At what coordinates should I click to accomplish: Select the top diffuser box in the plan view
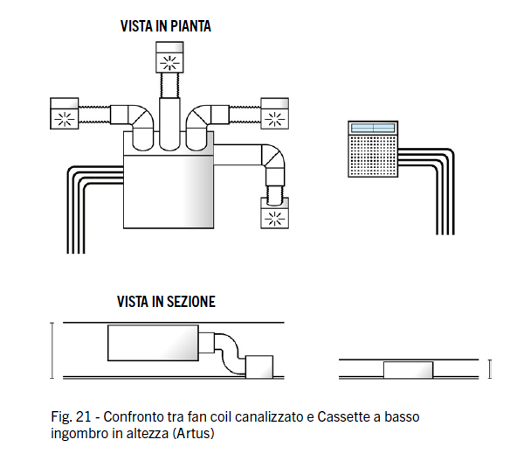click(169, 57)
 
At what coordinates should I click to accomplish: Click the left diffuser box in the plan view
click(65, 114)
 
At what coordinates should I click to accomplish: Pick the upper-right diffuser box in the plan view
click(274, 114)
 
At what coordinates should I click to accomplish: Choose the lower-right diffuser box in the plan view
click(274, 213)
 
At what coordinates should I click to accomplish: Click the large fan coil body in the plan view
click(169, 192)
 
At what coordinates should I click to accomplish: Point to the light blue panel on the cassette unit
click(373, 128)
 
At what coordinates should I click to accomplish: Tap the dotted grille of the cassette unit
click(373, 156)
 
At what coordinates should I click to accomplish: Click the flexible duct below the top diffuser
click(169, 85)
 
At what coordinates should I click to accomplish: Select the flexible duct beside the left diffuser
click(94, 115)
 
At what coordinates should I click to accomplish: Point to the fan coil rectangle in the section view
click(153, 343)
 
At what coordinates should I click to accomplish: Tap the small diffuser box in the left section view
click(259, 367)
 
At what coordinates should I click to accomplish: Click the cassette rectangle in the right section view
click(408, 370)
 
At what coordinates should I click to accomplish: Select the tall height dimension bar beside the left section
click(52, 351)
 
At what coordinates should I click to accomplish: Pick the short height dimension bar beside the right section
click(490, 369)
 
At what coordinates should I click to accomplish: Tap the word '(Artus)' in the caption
click(193, 434)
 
